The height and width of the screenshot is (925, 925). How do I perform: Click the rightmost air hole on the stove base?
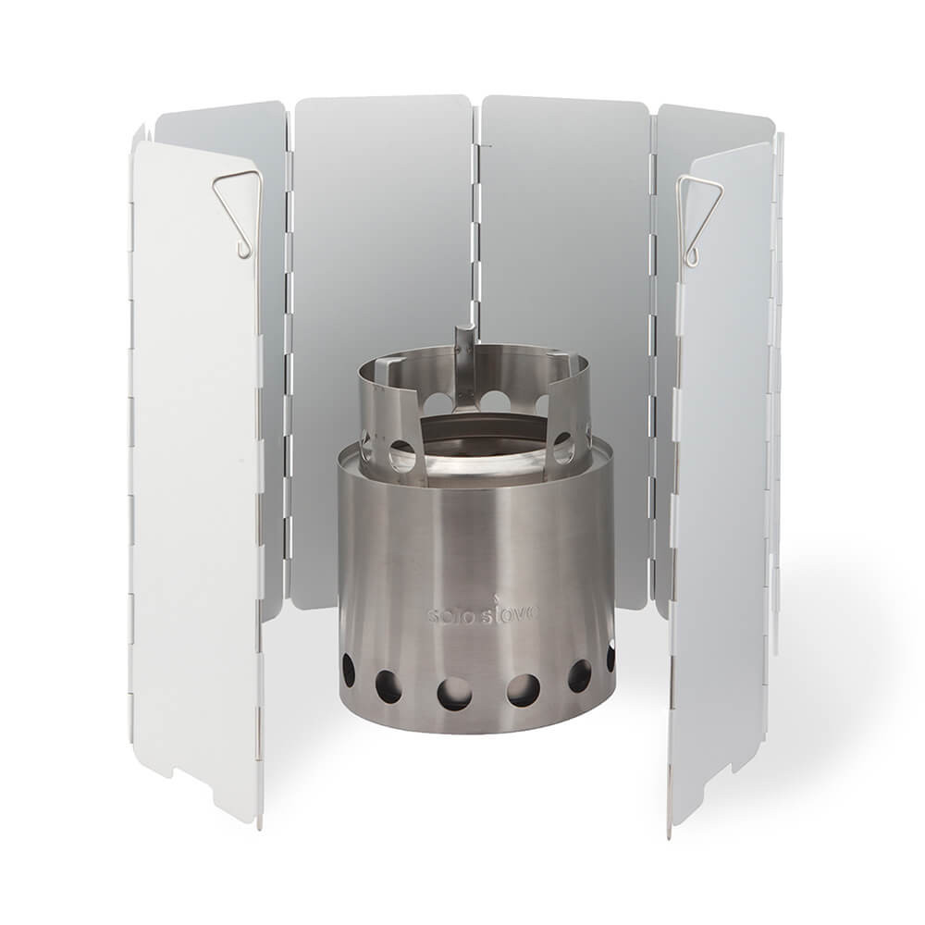point(611,658)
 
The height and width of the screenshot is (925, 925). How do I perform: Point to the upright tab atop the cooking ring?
point(464,341)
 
